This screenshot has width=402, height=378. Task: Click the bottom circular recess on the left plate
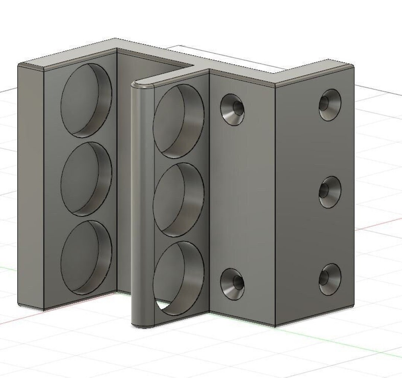point(86,257)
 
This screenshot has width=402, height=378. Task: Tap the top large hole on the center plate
point(178,121)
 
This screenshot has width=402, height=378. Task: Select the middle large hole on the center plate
point(178,199)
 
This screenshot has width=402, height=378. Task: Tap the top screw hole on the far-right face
point(330,104)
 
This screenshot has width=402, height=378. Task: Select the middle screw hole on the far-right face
point(330,192)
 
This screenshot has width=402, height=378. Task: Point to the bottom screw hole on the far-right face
point(330,279)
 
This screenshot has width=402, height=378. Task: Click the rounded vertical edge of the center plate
point(143,205)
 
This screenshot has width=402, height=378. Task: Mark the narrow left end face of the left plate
point(31,186)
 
